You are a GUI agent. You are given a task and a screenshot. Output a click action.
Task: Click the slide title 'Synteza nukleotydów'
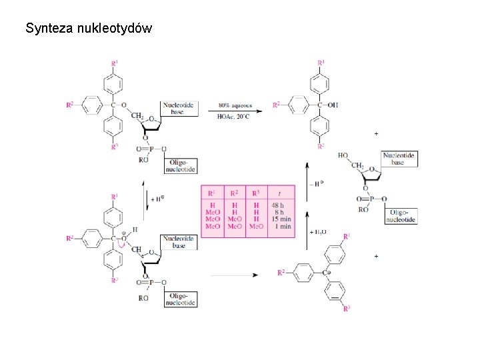point(89,28)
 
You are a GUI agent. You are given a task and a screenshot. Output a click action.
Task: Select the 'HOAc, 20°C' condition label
point(233,116)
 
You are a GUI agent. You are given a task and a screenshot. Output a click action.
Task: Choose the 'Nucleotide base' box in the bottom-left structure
point(179,241)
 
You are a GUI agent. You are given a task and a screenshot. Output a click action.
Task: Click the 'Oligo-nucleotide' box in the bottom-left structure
point(182,299)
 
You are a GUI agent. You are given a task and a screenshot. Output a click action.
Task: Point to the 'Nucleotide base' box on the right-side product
point(399,159)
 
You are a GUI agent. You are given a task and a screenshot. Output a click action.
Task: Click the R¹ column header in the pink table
point(212,193)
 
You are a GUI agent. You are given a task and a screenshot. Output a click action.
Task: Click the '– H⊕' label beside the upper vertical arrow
point(319,183)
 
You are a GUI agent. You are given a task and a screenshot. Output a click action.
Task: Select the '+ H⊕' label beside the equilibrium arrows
point(157,198)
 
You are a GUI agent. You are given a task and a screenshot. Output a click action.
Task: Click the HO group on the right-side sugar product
point(343,155)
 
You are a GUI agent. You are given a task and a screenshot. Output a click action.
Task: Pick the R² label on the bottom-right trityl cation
point(281,272)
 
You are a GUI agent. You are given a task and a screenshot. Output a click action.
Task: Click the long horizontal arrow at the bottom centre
point(233,274)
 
